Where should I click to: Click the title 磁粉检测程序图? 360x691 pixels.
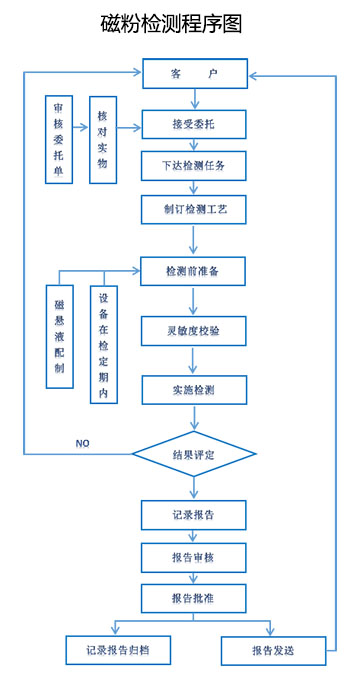click(x=172, y=24)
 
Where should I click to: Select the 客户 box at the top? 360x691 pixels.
click(x=194, y=74)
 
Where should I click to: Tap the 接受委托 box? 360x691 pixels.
click(x=194, y=123)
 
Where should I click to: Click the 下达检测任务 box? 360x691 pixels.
click(x=194, y=167)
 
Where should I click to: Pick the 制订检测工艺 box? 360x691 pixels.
click(x=194, y=212)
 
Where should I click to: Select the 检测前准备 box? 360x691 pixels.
click(x=194, y=271)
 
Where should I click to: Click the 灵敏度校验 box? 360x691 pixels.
click(x=194, y=330)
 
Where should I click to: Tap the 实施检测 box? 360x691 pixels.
click(x=194, y=389)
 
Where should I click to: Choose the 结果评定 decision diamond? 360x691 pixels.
click(x=194, y=455)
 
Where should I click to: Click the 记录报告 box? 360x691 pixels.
click(x=194, y=515)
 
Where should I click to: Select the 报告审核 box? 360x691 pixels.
click(x=194, y=556)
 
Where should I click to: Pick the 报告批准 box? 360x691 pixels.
click(x=194, y=598)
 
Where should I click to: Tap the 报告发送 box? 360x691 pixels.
click(x=273, y=650)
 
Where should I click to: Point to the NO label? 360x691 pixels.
click(x=83, y=443)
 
